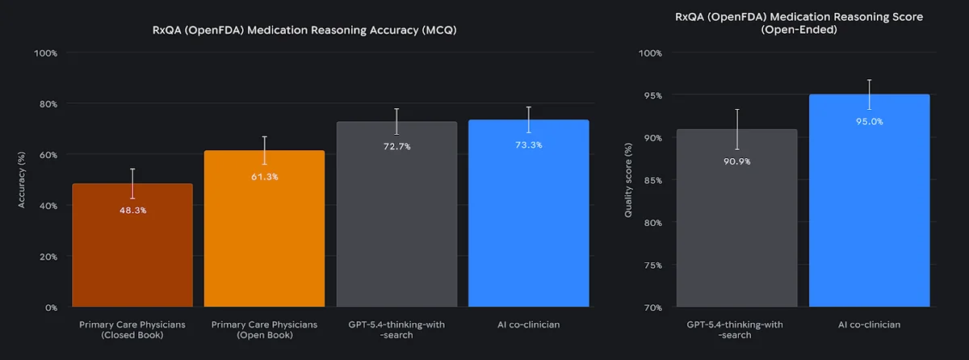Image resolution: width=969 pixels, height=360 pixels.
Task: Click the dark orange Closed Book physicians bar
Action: click(132, 258)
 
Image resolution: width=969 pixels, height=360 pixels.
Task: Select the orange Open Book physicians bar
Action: click(264, 242)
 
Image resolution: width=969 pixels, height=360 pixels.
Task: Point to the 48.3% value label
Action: click(132, 210)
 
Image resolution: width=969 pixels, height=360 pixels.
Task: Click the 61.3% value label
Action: click(264, 177)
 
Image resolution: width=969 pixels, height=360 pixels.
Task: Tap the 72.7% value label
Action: click(396, 147)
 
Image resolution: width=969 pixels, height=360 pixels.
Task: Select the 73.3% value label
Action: click(528, 145)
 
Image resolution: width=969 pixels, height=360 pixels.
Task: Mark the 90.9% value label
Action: click(736, 161)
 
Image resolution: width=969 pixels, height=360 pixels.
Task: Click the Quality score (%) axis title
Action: click(628, 180)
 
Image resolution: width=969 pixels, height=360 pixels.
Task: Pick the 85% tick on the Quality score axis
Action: click(650, 180)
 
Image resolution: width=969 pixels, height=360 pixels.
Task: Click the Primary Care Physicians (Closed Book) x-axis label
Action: click(132, 329)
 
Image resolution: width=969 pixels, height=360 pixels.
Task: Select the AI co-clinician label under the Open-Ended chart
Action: click(869, 324)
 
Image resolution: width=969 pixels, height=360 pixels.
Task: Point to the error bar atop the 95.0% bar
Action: click(869, 94)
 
